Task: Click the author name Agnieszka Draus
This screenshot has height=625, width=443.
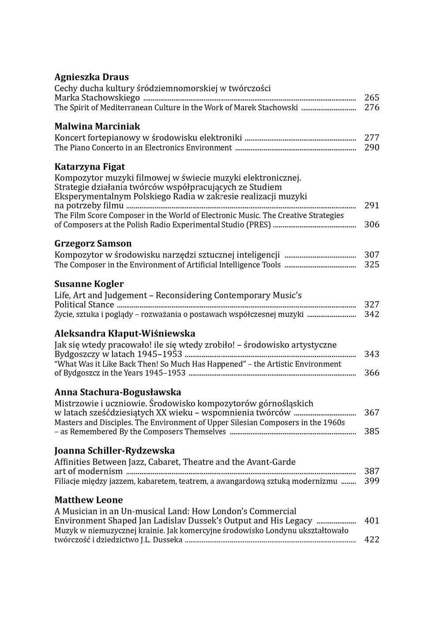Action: pos(91,77)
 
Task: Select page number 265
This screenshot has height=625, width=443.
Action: pos(372,98)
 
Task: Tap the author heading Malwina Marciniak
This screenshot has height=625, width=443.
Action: pos(97,127)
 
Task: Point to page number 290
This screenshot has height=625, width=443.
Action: pos(372,148)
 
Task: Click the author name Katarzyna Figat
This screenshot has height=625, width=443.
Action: pos(90,167)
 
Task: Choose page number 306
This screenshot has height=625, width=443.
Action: pos(372,225)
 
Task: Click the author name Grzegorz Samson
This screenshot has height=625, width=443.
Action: pos(93,243)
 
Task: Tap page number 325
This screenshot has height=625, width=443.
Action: pos(372,265)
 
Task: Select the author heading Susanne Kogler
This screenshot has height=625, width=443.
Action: pos(89,284)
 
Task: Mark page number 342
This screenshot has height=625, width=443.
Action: pos(372,314)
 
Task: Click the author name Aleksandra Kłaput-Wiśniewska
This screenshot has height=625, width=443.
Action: pos(124,333)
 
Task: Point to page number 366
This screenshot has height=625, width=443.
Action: pos(372,373)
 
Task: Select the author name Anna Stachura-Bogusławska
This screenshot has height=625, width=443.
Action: pos(117,392)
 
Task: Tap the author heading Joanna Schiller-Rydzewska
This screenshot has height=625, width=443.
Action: pos(114,451)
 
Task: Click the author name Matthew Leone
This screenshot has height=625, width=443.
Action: pos(88,500)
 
